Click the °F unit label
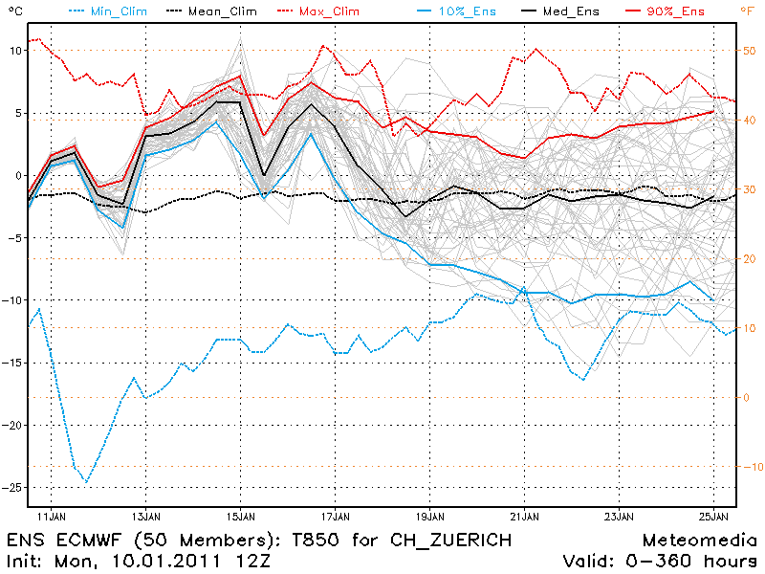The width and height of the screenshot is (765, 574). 747,11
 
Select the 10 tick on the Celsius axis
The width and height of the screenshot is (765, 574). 13,51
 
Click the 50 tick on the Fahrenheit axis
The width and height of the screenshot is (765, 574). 750,51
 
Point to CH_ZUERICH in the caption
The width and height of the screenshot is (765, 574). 454,541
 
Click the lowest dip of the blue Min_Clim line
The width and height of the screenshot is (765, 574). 86,482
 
